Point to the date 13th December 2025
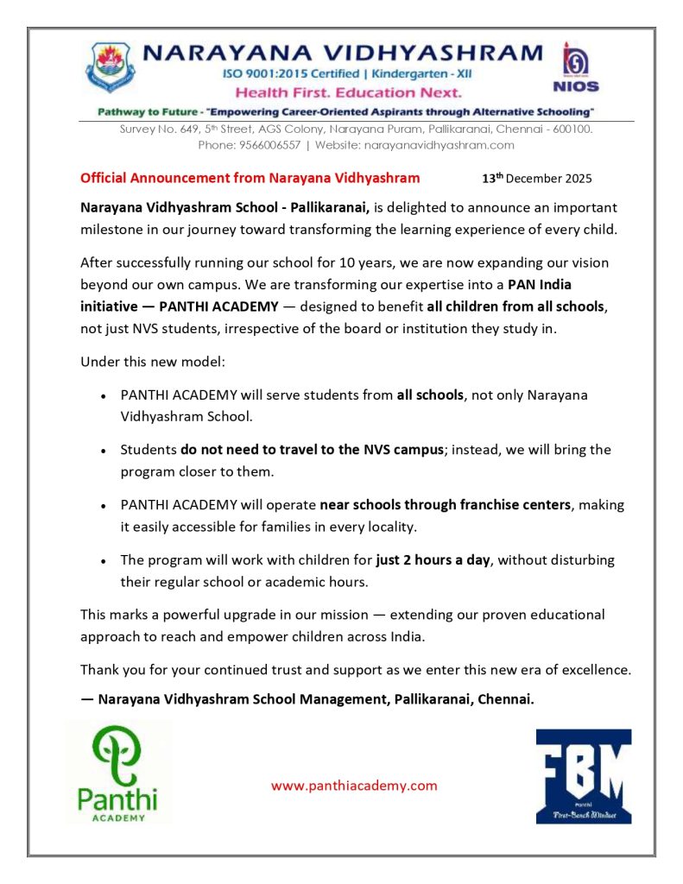coord(536,180)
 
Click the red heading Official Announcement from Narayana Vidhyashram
coord(250,179)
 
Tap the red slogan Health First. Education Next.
coord(349,92)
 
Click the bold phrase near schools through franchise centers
coord(445,505)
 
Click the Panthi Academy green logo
coord(117,773)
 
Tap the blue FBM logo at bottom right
coord(583,775)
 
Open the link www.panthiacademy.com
coord(354,786)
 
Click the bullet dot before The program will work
coord(104,561)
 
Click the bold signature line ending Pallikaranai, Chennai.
coord(307,699)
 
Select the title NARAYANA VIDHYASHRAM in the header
coord(342,53)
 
